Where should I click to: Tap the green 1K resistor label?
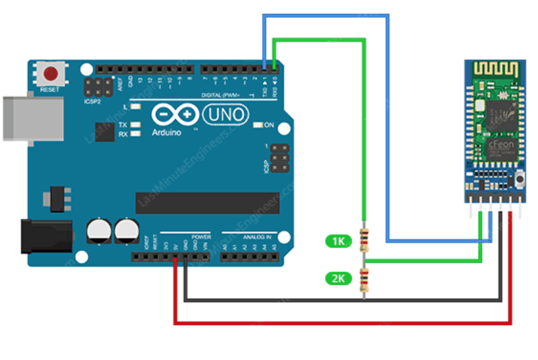tap(338, 241)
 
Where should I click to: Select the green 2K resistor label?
tap(338, 278)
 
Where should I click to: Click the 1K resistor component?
tap(365, 239)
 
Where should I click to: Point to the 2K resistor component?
tap(365, 278)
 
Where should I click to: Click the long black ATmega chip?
tap(207, 203)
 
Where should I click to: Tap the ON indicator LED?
tap(258, 125)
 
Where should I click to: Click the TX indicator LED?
tap(134, 125)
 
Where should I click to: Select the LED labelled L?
tap(134, 107)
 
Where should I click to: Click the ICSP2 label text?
tap(92, 101)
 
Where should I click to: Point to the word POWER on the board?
tap(201, 237)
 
